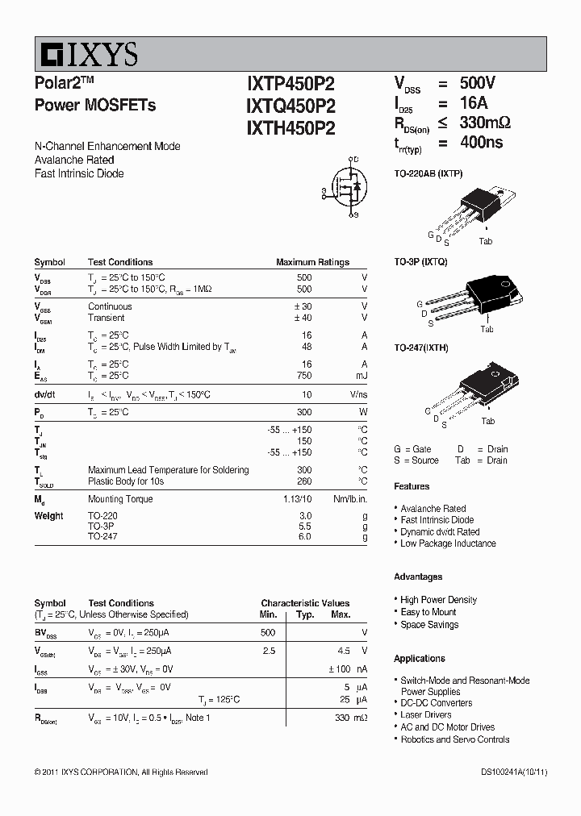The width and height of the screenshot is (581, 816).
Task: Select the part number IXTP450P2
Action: [290, 85]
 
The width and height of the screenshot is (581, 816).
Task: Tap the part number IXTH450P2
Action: [290, 127]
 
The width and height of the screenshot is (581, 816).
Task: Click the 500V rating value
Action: [478, 83]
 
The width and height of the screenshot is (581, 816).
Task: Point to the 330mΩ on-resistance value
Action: [485, 123]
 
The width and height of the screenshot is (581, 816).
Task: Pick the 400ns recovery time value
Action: [481, 143]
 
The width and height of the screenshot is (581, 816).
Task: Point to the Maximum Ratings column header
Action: [312, 262]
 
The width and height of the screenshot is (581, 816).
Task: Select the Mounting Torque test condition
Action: [120, 499]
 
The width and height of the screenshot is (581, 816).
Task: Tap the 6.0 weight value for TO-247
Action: [304, 536]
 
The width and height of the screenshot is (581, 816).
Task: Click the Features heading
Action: [412, 486]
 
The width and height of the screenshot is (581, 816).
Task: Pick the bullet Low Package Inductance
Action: [448, 543]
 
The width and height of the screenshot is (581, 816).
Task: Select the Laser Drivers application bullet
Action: [426, 714]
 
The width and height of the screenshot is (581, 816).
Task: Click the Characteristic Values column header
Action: [305, 603]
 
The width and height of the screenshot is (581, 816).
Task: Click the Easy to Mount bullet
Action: [428, 612]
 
